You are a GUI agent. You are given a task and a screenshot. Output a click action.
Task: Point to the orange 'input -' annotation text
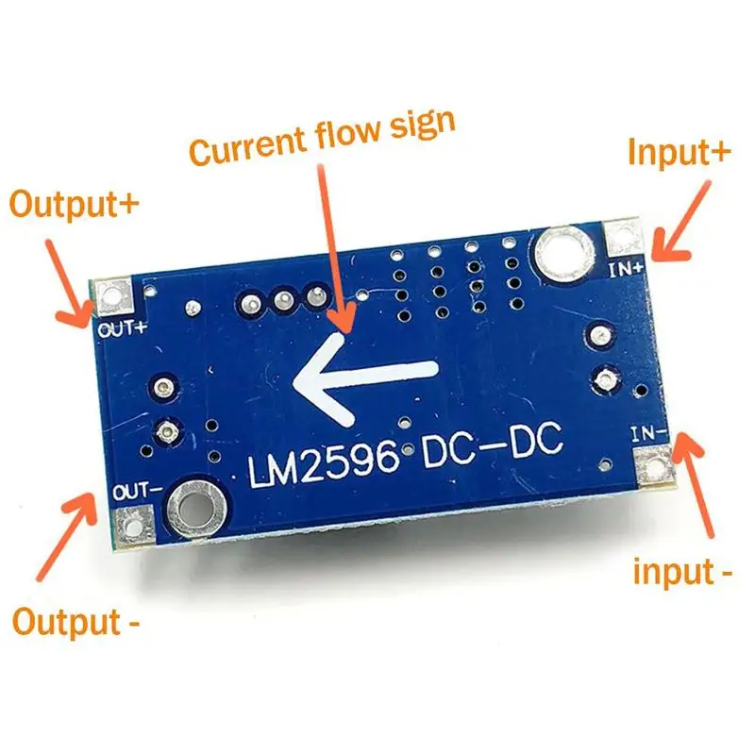pos(681,572)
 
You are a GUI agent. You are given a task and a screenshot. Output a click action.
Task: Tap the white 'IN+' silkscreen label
pos(627,269)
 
